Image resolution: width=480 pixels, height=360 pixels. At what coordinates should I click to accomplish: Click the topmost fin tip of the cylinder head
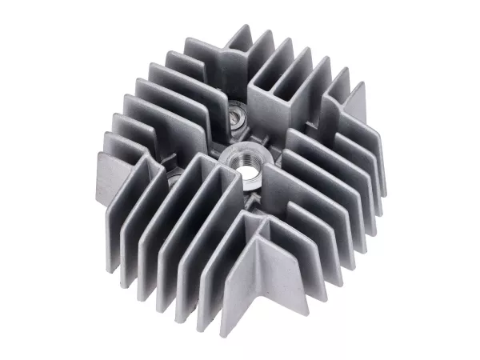(240, 32)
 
